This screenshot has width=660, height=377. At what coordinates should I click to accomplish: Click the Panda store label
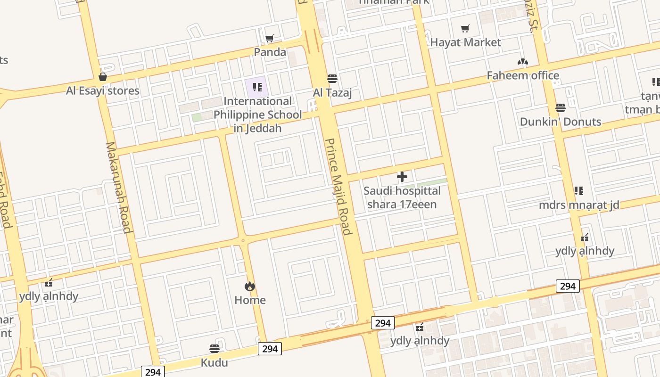(270, 52)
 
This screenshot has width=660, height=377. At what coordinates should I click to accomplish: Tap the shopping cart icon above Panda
(269, 38)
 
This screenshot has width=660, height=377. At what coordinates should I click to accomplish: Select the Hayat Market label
(465, 42)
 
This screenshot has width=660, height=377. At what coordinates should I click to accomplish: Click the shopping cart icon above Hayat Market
(465, 29)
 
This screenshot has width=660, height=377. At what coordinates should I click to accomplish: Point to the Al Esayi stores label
(103, 90)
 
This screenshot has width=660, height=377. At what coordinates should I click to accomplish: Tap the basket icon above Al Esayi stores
(103, 77)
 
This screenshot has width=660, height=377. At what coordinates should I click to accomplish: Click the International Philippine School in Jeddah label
(257, 115)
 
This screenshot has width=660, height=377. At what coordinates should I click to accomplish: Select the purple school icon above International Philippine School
(257, 87)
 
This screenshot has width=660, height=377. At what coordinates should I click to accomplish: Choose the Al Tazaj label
(332, 93)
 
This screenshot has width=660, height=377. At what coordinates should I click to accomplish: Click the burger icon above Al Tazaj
(332, 78)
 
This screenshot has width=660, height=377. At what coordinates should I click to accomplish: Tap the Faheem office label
(523, 75)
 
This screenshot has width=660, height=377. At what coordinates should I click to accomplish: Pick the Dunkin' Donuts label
(560, 122)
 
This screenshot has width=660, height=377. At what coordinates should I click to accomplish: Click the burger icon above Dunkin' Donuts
(560, 108)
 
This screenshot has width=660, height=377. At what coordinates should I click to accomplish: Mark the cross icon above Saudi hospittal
(402, 177)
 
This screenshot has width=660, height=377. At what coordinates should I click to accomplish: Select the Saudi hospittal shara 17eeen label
(402, 197)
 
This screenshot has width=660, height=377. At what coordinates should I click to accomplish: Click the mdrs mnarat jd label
(579, 205)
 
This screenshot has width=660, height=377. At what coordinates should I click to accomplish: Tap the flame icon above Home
(250, 286)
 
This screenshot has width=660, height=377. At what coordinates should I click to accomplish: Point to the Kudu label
(214, 362)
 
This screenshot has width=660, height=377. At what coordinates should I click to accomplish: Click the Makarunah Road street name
(118, 187)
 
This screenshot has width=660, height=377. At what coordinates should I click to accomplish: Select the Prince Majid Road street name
(338, 186)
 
